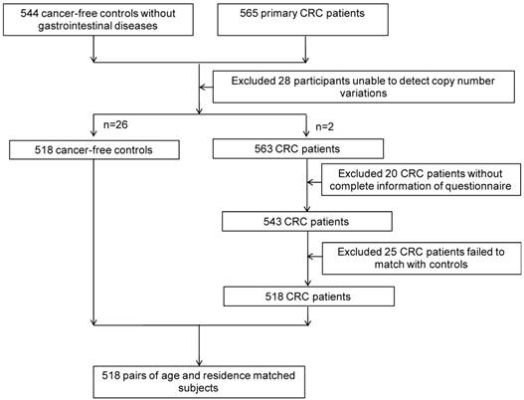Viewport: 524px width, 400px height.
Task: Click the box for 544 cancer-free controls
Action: tap(92, 21)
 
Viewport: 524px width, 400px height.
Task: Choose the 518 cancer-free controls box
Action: tap(91, 151)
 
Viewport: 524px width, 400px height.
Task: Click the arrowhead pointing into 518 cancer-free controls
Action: tap(92, 140)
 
